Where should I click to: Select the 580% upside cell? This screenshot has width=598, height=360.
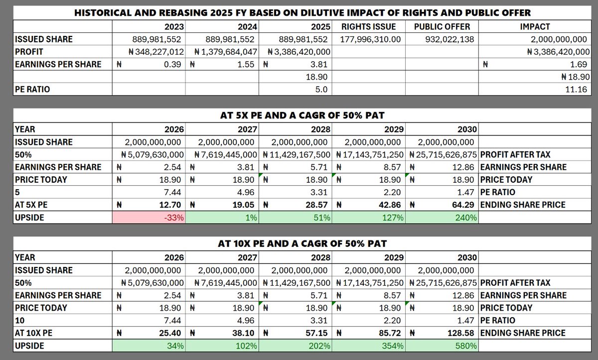coord(443,346)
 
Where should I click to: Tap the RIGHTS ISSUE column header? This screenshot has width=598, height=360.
coord(369,27)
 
